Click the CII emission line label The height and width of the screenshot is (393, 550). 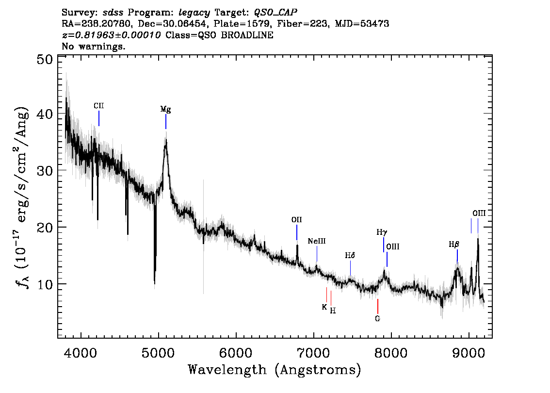click(x=98, y=106)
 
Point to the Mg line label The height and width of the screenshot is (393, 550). click(x=165, y=110)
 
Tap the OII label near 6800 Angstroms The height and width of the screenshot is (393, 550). click(x=296, y=220)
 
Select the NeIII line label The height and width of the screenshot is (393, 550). click(x=317, y=241)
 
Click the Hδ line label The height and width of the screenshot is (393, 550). click(x=350, y=255)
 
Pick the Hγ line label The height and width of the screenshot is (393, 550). click(x=382, y=232)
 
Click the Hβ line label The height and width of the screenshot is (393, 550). click(x=454, y=244)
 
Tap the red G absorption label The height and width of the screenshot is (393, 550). click(x=377, y=319)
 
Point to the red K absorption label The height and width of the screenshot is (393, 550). click(x=324, y=308)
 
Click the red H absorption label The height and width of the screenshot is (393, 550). click(x=333, y=311)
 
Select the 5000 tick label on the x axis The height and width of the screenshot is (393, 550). click(x=158, y=353)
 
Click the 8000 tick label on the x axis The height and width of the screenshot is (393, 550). click(x=391, y=353)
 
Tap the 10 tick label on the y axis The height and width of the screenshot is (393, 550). click(x=45, y=284)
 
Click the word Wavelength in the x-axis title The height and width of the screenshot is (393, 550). click(x=227, y=370)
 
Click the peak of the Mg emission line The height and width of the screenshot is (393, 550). click(x=166, y=140)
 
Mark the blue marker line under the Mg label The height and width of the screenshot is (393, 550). click(x=166, y=122)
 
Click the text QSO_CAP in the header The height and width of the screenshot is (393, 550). click(x=275, y=13)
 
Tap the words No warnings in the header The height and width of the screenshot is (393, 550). click(x=93, y=46)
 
